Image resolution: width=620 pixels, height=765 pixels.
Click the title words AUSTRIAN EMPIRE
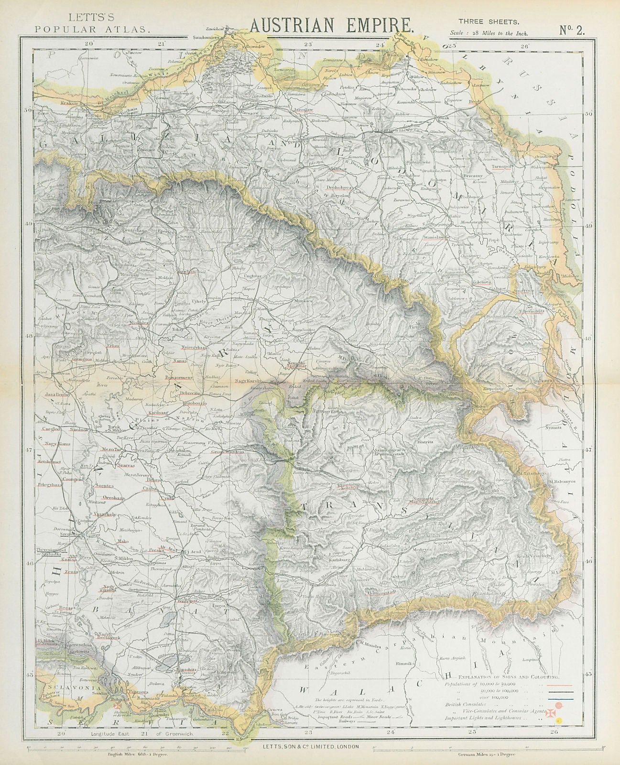331,23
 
